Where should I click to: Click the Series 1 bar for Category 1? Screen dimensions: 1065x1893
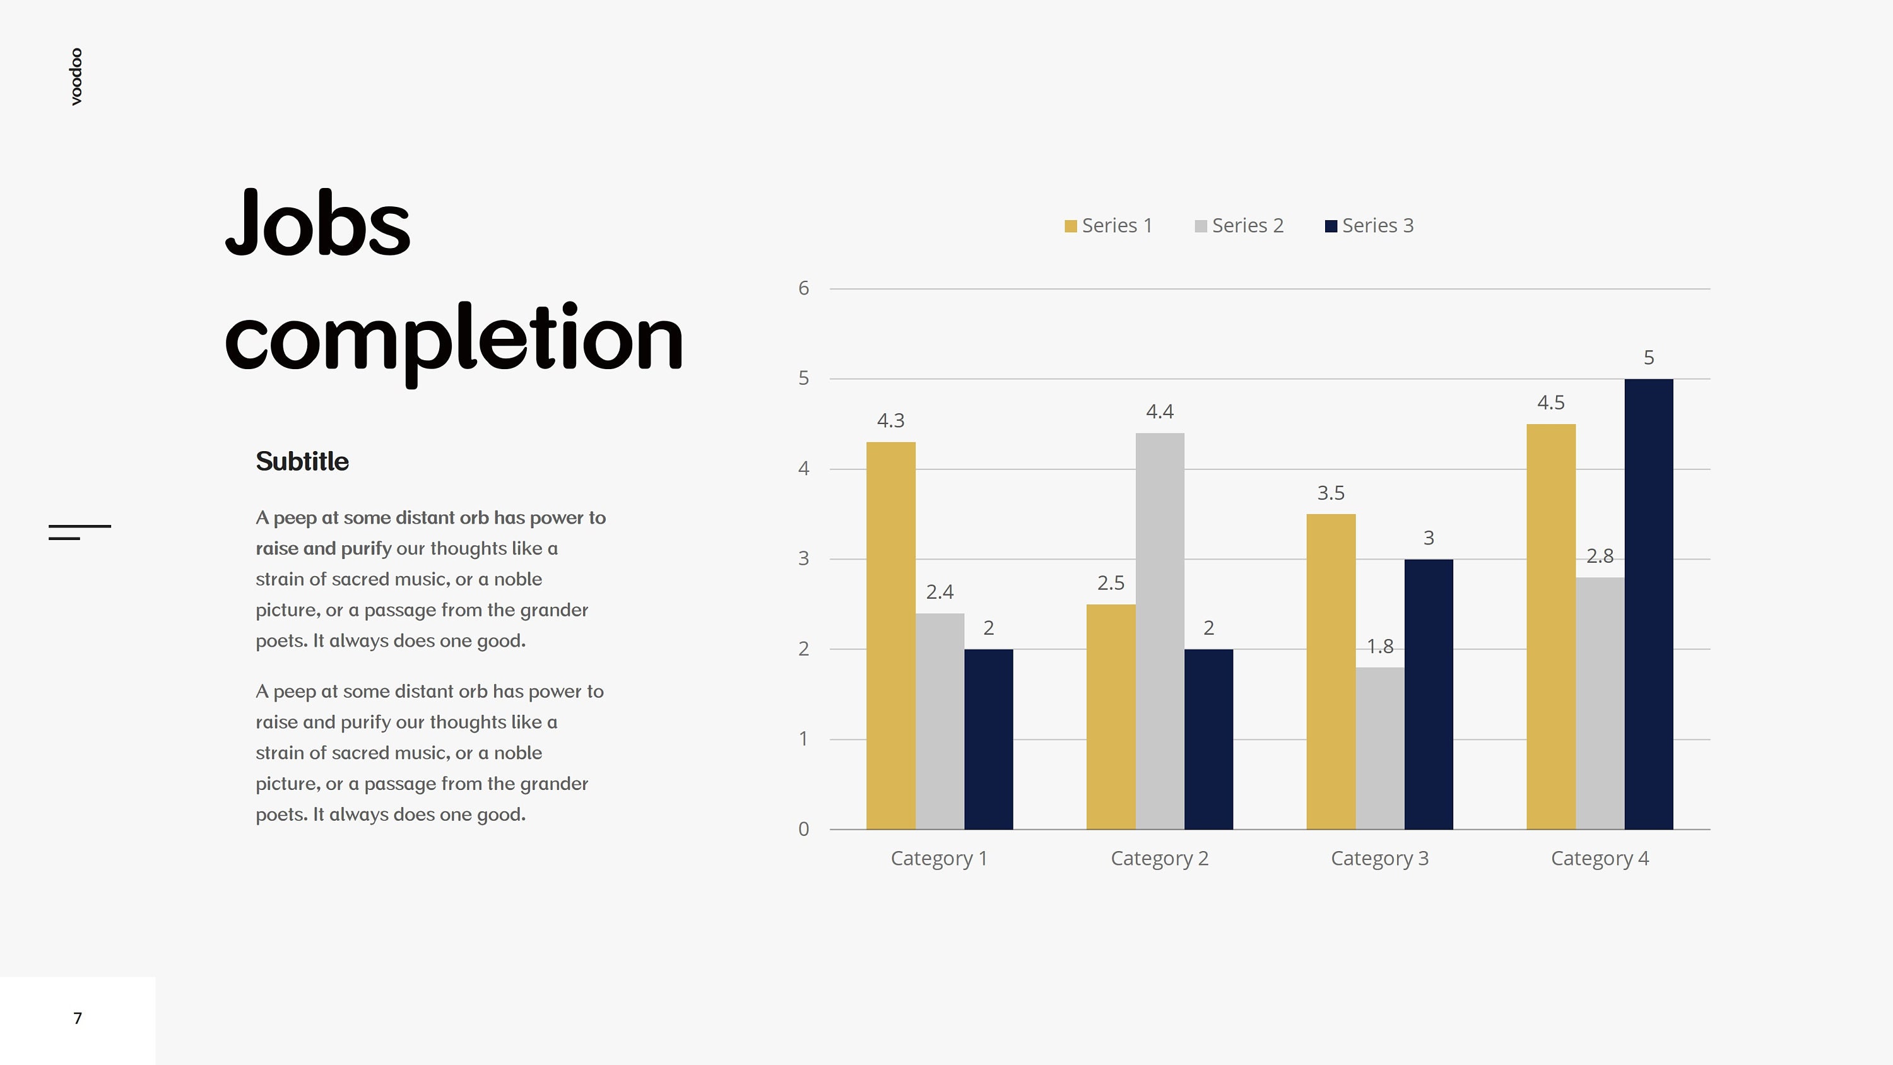890,636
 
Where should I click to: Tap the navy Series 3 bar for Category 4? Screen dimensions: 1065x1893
1648,604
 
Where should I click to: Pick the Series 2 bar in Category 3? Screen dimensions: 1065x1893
1379,748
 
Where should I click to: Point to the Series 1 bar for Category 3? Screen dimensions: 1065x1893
1331,672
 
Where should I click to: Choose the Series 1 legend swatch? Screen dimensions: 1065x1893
1071,227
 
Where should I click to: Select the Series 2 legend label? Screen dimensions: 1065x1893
1247,226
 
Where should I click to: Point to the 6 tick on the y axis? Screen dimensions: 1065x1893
803,288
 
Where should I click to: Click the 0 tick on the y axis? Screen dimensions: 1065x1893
803,829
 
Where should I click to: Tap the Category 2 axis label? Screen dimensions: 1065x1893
1160,859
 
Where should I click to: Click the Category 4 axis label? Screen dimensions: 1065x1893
1600,859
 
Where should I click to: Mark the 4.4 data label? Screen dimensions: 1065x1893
1160,411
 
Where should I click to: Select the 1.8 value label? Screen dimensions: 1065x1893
1379,646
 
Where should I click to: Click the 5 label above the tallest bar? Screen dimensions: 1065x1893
1648,357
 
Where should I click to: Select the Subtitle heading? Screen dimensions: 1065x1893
302,462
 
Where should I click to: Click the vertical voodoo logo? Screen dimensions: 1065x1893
76,76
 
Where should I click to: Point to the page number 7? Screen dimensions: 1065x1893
77,1018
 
